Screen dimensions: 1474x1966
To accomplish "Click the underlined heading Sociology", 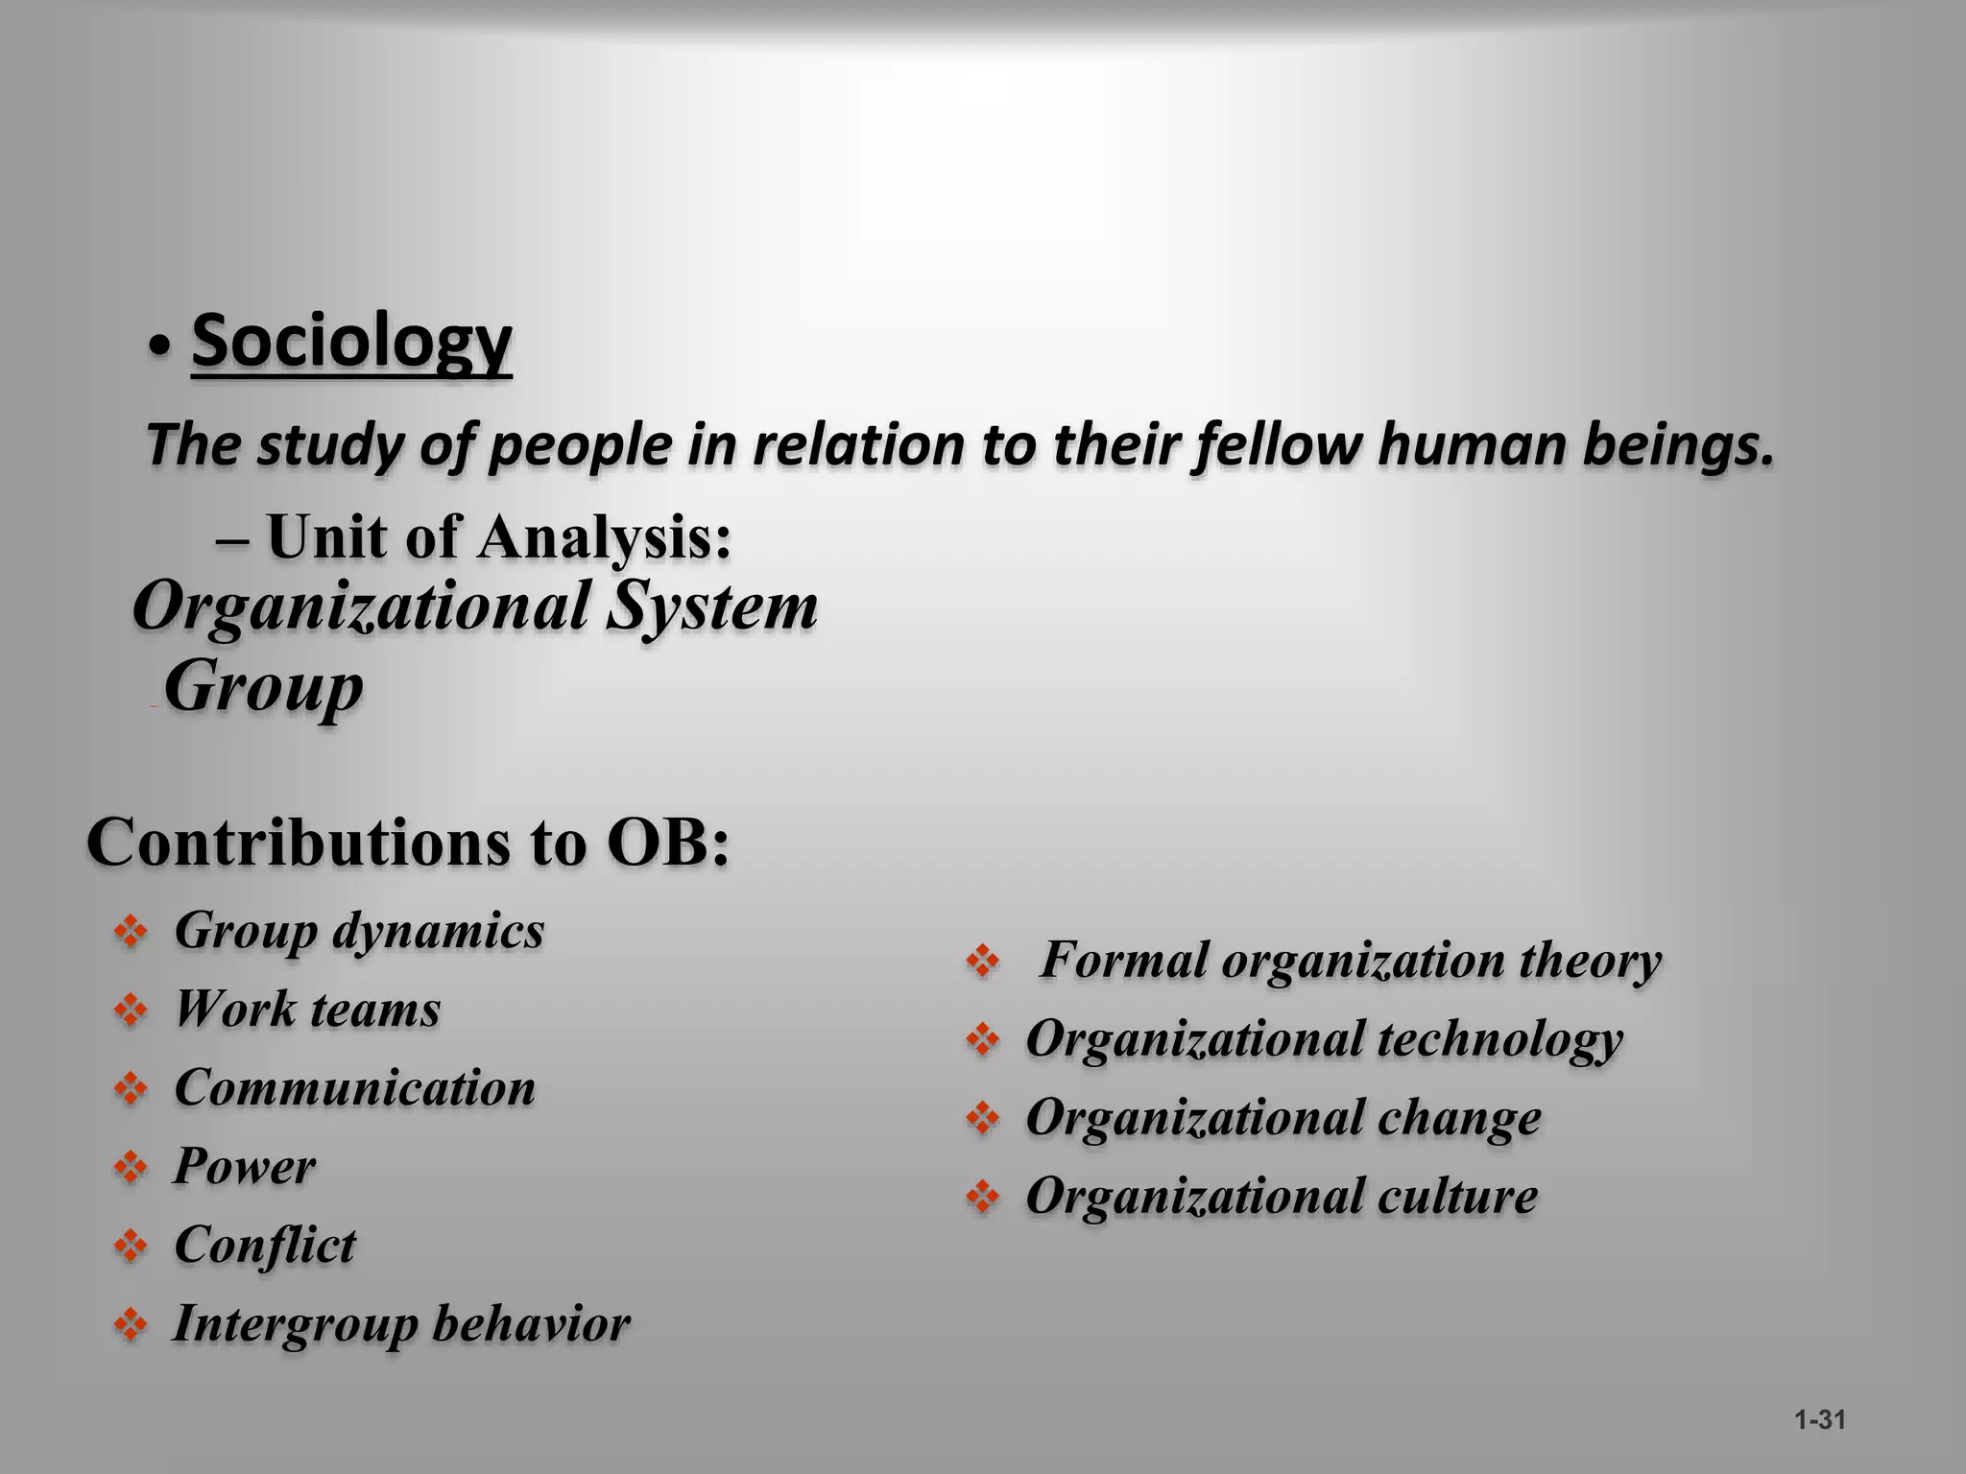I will point(351,342).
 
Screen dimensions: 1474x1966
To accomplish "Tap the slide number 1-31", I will point(1820,1419).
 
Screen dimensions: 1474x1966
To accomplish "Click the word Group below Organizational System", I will point(264,687).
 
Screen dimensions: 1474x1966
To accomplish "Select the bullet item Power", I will point(244,1167).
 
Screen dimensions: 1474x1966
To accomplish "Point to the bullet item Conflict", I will point(265,1246).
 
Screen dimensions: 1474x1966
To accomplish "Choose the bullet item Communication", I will point(354,1088).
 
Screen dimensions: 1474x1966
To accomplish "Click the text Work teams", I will point(307,1010).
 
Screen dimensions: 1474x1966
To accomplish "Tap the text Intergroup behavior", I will point(401,1324).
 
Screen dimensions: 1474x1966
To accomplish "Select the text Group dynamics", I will point(359,931).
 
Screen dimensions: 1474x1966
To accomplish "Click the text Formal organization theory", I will point(1351,961).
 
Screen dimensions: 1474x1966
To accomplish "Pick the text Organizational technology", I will point(1324,1039).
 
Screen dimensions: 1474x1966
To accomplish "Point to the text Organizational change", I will point(1283,1118).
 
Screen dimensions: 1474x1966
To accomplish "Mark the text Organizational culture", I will point(1282,1197).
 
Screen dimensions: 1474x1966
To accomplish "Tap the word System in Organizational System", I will point(712,606).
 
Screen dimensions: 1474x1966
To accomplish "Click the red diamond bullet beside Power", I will point(131,1168).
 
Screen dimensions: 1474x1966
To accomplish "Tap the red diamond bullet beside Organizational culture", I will point(983,1198).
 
